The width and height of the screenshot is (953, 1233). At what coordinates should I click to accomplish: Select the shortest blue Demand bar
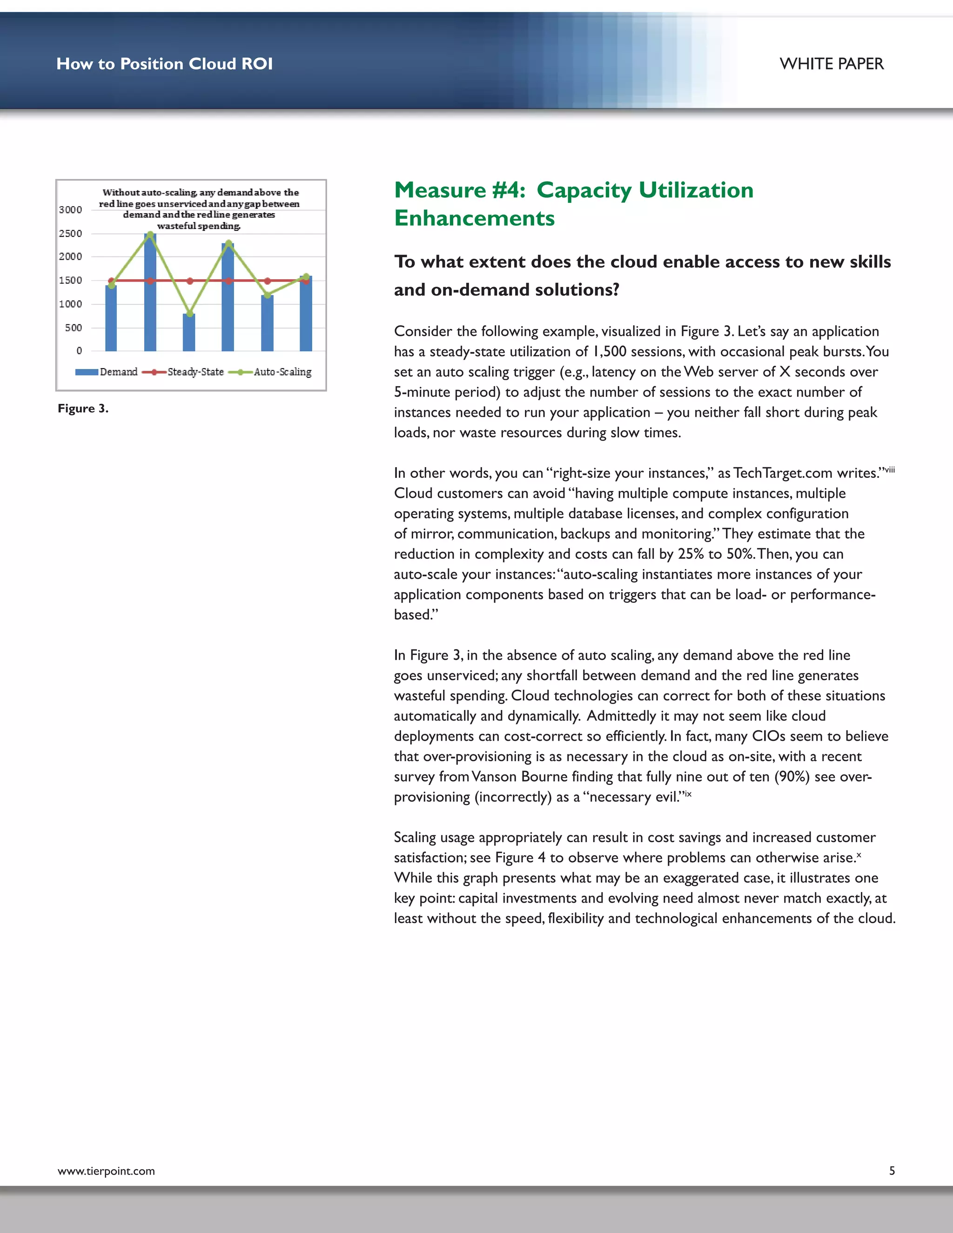[189, 333]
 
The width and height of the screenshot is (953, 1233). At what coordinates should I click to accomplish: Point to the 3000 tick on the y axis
[71, 210]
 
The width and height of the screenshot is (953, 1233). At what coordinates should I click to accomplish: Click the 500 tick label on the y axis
[74, 328]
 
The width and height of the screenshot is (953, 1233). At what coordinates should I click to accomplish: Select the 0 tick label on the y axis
[79, 351]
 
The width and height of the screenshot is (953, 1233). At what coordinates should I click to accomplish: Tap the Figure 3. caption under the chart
[83, 409]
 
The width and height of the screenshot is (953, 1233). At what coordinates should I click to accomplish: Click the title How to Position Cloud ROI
[164, 64]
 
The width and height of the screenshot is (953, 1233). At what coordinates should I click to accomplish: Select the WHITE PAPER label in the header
[831, 64]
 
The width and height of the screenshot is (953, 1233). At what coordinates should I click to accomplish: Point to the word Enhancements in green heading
[474, 219]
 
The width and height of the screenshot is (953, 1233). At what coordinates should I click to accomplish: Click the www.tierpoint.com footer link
[106, 1172]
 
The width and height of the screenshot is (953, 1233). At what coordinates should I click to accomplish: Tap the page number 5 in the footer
[892, 1171]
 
